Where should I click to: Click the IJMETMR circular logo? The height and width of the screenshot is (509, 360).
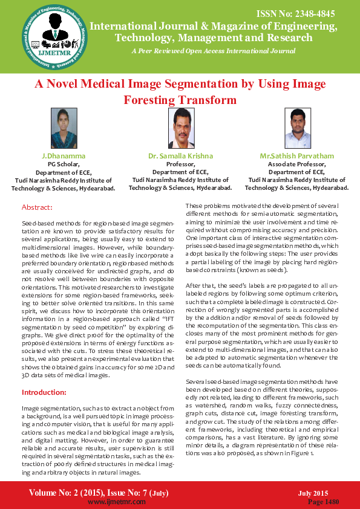click(x=53, y=39)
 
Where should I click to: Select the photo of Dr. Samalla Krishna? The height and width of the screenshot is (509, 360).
click(x=180, y=129)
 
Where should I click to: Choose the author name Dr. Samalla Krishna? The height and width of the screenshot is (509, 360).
click(x=180, y=157)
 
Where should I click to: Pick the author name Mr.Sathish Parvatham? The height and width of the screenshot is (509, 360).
click(x=297, y=157)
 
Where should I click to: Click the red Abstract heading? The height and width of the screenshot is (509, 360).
click(x=38, y=207)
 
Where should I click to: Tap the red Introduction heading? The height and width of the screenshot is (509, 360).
click(x=45, y=392)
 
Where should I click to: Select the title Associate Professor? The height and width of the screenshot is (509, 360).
click(x=297, y=164)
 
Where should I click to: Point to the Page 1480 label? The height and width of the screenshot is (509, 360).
click(x=323, y=502)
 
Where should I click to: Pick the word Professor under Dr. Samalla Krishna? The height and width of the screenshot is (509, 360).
click(x=180, y=164)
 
